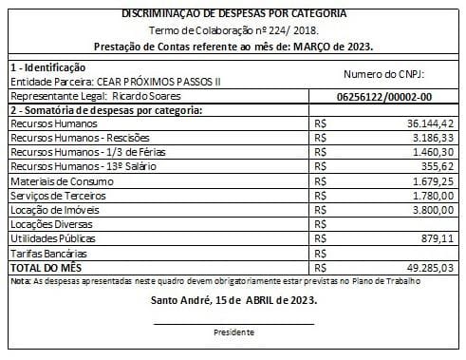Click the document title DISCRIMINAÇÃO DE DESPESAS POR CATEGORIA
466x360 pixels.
(x=234, y=13)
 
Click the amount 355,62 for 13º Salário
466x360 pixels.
(x=440, y=166)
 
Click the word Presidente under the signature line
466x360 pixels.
(x=233, y=332)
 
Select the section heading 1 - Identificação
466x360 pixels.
(x=47, y=67)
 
